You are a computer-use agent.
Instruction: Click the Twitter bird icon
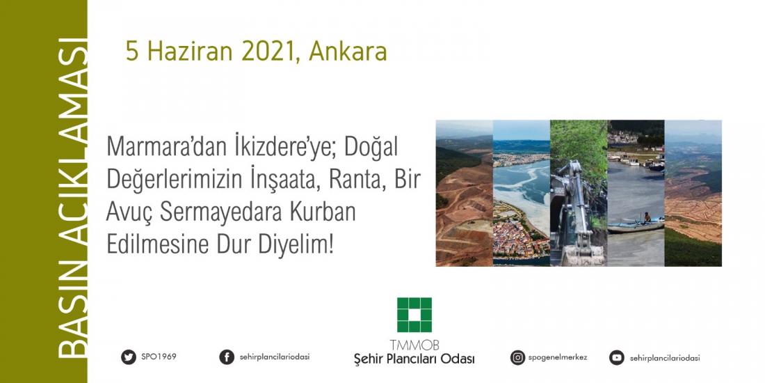pos(129,357)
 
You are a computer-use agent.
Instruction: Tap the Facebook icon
pos(227,357)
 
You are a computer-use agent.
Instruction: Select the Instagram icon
pos(517,358)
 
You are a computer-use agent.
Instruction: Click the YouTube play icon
pos(617,358)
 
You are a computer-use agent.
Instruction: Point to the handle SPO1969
pos(159,357)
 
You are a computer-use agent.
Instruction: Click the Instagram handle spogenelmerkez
pos(558,358)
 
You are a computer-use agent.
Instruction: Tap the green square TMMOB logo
pos(414,315)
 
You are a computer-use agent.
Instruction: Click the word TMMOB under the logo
pos(414,345)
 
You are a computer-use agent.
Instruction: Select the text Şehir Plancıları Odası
pos(414,359)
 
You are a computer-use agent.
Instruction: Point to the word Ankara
pos(347,52)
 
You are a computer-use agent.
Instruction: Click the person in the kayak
pos(647,218)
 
